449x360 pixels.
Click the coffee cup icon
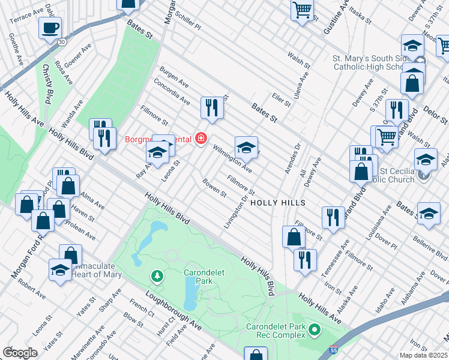tap(50, 27)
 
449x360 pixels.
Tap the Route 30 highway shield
tap(62, 42)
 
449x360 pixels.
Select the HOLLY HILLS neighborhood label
tap(278, 203)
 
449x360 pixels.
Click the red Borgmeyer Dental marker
tap(200, 139)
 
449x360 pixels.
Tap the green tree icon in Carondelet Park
tap(157, 275)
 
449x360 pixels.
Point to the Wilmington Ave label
tap(232, 157)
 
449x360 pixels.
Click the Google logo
tap(20, 352)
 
